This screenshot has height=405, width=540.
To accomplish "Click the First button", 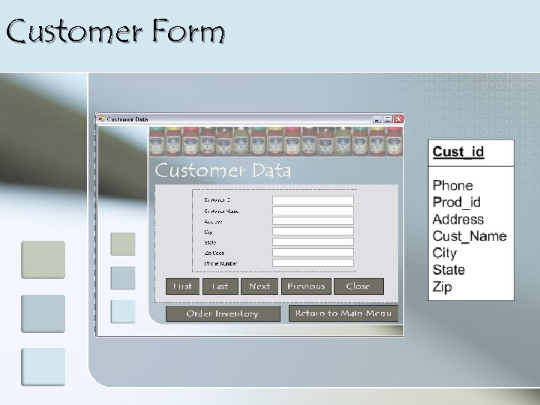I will pyautogui.click(x=183, y=286).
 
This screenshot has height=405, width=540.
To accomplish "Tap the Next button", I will pyautogui.click(x=259, y=286).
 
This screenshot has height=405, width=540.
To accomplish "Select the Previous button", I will pyautogui.click(x=306, y=286).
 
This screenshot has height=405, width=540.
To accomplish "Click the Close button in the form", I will pyautogui.click(x=358, y=286).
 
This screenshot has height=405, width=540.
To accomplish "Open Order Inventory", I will pyautogui.click(x=222, y=313).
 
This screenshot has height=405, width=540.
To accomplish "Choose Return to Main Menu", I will pyautogui.click(x=343, y=313).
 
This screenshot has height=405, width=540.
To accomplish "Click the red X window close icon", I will pyautogui.click(x=398, y=118).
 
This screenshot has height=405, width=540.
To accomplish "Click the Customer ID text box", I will pyautogui.click(x=313, y=200).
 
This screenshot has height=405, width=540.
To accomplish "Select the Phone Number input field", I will pyautogui.click(x=313, y=263).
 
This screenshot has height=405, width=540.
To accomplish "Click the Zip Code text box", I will pyautogui.click(x=313, y=253).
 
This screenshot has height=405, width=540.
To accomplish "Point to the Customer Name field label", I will pyautogui.click(x=221, y=211).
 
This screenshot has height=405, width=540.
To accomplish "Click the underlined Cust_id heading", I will pyautogui.click(x=458, y=152).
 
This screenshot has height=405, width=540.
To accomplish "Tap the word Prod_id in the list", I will pyautogui.click(x=457, y=202).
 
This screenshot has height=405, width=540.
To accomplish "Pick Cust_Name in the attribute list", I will pyautogui.click(x=469, y=236).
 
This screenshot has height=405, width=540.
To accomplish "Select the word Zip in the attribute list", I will pyautogui.click(x=442, y=287).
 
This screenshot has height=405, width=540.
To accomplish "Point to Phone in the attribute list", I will pyautogui.click(x=453, y=185).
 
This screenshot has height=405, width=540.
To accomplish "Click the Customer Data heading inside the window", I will pyautogui.click(x=223, y=171).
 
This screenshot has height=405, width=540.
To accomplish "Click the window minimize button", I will pyautogui.click(x=377, y=118).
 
